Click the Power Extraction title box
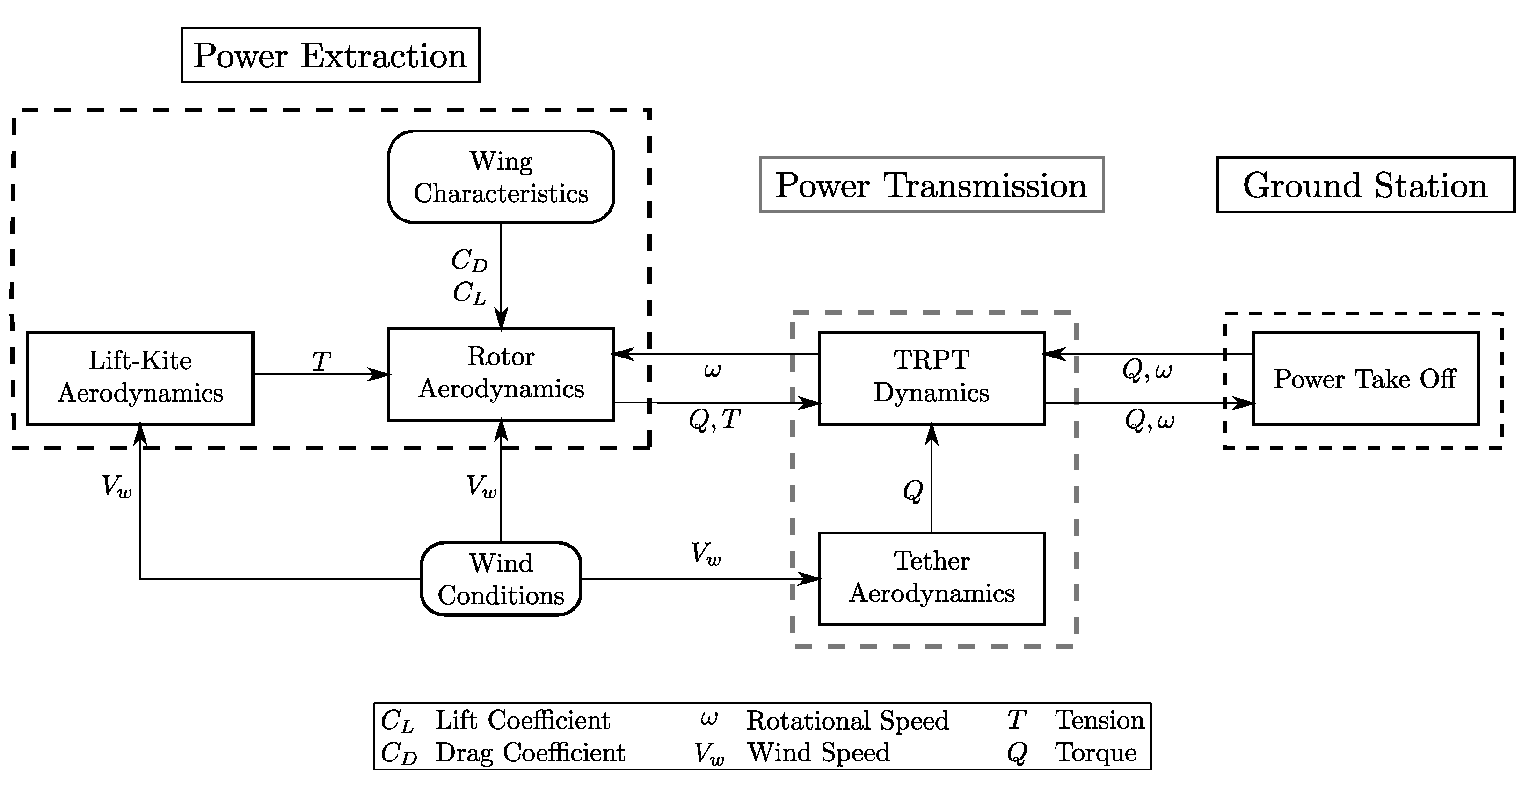click(330, 55)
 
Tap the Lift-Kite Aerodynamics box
click(140, 378)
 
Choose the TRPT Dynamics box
click(931, 378)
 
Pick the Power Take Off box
click(1365, 379)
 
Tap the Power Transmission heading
click(931, 185)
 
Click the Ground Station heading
click(1365, 185)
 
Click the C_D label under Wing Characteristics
click(469, 261)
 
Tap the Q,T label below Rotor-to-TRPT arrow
click(714, 420)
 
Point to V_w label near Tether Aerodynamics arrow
click(705, 554)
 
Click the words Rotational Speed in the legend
click(847, 721)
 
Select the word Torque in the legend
click(1095, 753)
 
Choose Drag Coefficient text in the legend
click(530, 753)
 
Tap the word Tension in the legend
click(1099, 720)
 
